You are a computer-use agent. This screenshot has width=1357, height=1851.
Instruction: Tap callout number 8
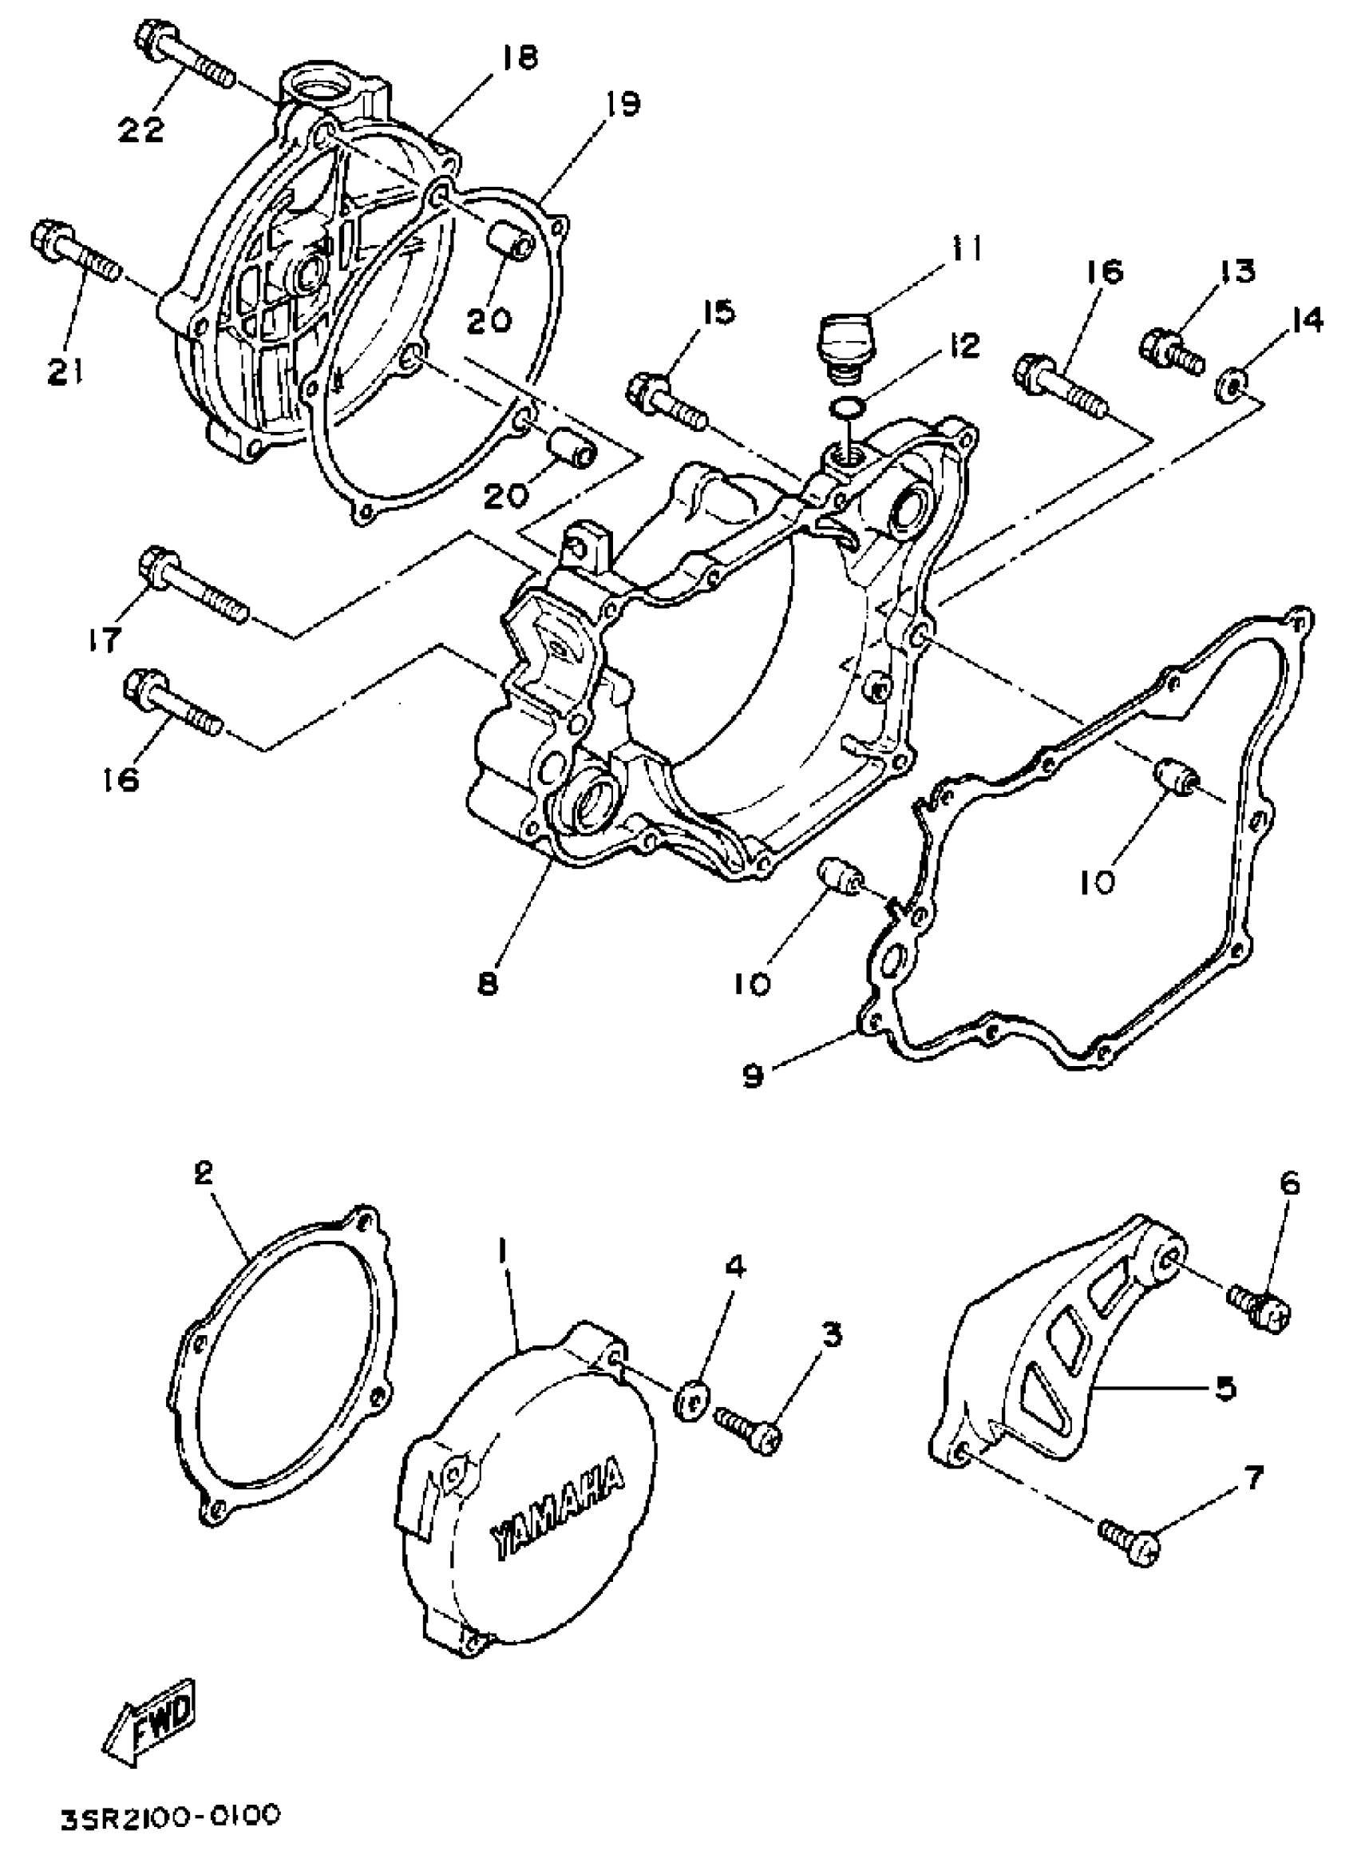(x=488, y=983)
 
